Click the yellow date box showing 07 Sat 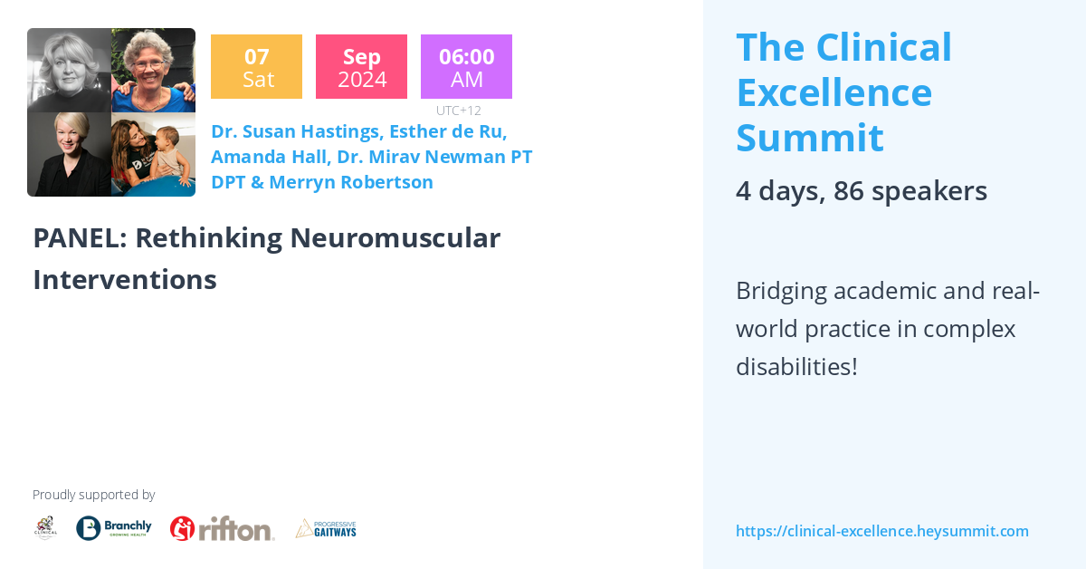pyautogui.click(x=256, y=67)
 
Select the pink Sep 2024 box pyautogui.click(x=361, y=67)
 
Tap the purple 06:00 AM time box pyautogui.click(x=466, y=67)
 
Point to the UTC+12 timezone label pyautogui.click(x=458, y=111)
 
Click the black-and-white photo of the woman pyautogui.click(x=69, y=71)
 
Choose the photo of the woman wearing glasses pyautogui.click(x=153, y=71)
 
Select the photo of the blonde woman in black pyautogui.click(x=69, y=154)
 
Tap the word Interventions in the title pyautogui.click(x=125, y=280)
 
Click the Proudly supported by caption pyautogui.click(x=94, y=495)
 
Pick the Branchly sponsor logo pyautogui.click(x=114, y=528)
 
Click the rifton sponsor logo pyautogui.click(x=223, y=528)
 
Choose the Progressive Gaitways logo pyautogui.click(x=326, y=528)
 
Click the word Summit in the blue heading pyautogui.click(x=809, y=138)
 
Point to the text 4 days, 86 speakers pyautogui.click(x=861, y=191)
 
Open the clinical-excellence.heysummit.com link pyautogui.click(x=881, y=531)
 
